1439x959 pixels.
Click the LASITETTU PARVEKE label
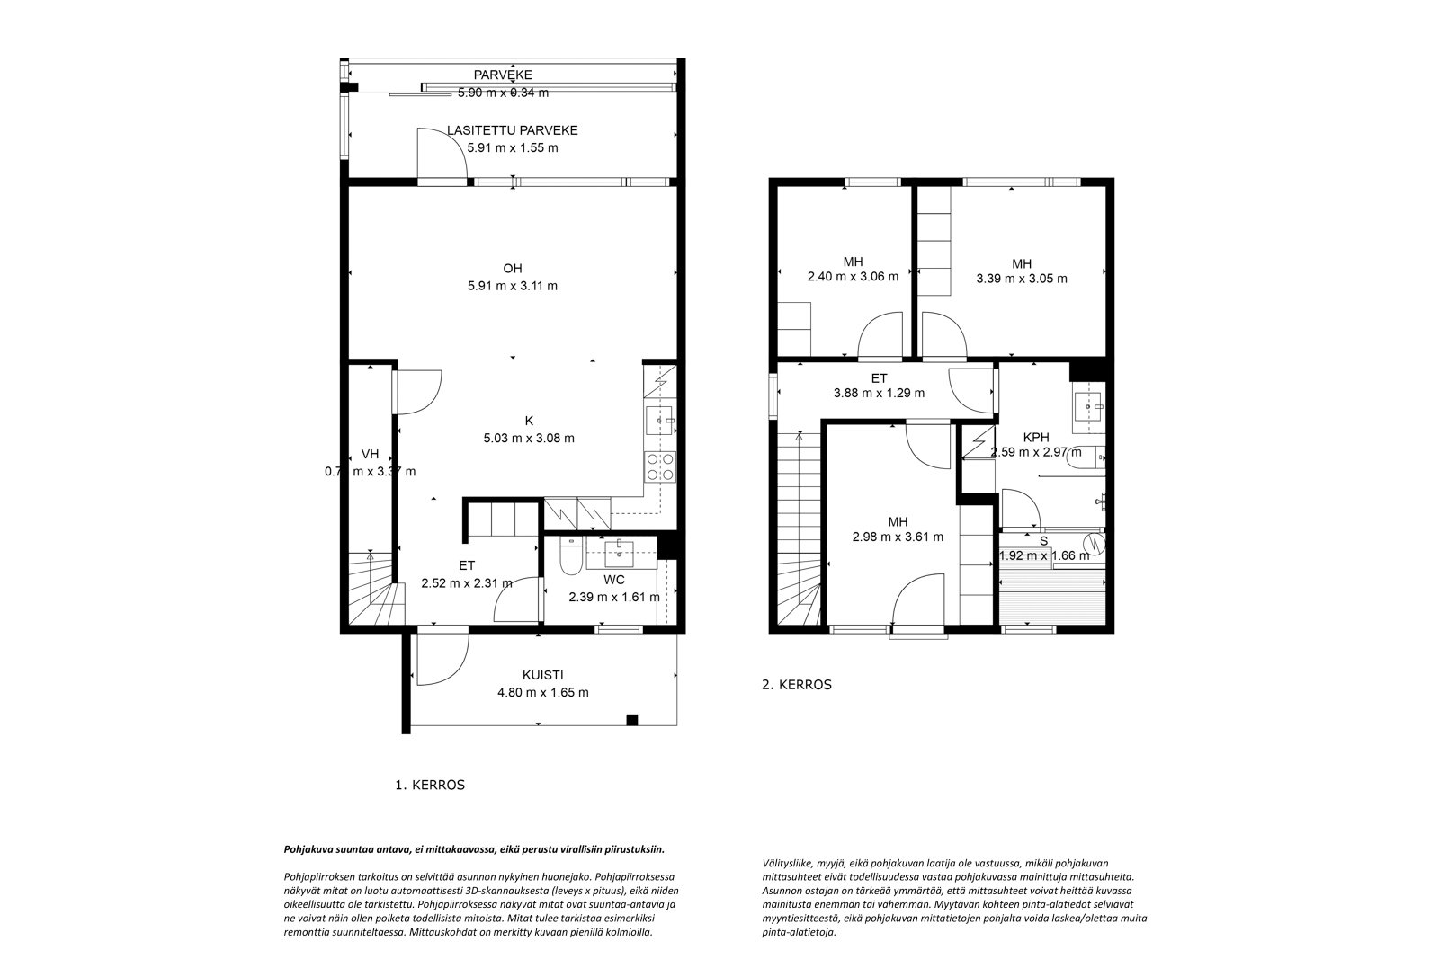pyautogui.click(x=512, y=130)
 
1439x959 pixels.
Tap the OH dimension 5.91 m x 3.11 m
pyautogui.click(x=512, y=286)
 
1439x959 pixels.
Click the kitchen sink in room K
pyautogui.click(x=661, y=420)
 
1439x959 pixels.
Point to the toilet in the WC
pyautogui.click(x=569, y=557)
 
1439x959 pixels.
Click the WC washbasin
pyautogui.click(x=620, y=550)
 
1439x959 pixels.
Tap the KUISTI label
pyautogui.click(x=542, y=675)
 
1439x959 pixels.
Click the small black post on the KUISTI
pyautogui.click(x=631, y=718)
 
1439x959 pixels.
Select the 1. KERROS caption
pyautogui.click(x=430, y=785)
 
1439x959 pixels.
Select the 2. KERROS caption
pyautogui.click(x=797, y=684)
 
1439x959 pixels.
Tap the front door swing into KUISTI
pyautogui.click(x=441, y=660)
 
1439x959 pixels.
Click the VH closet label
pyautogui.click(x=370, y=454)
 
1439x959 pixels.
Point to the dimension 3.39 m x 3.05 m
pyautogui.click(x=1022, y=279)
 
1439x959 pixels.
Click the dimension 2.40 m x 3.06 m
pyautogui.click(x=853, y=277)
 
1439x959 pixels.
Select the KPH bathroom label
pyautogui.click(x=1036, y=438)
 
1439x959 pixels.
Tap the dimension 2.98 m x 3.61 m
pyautogui.click(x=898, y=537)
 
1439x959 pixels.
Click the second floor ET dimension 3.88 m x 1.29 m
pyautogui.click(x=879, y=393)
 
